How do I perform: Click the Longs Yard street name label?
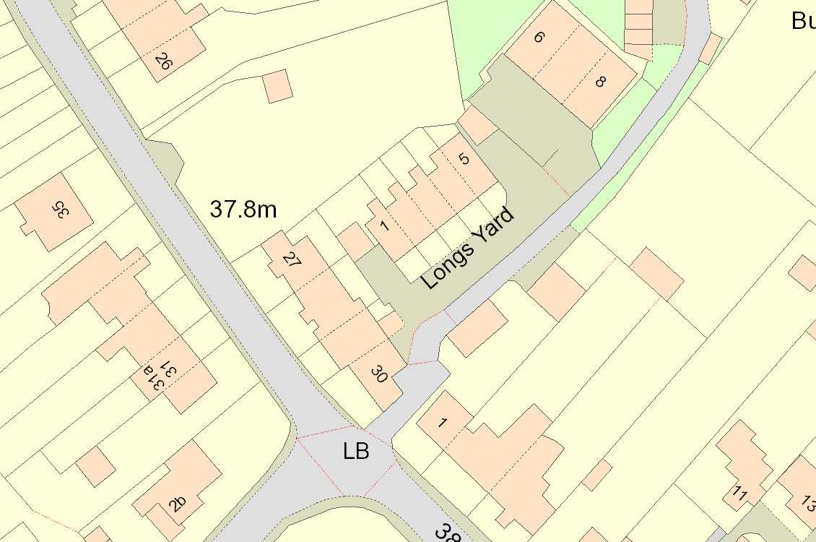click(469, 248)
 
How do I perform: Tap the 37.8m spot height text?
click(243, 210)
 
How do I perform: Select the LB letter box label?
click(356, 452)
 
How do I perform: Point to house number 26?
click(163, 63)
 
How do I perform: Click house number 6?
click(539, 37)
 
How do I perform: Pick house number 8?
click(600, 82)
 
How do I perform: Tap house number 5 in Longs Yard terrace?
click(464, 158)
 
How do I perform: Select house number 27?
click(291, 261)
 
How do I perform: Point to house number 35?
click(60, 210)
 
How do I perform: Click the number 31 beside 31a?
click(168, 368)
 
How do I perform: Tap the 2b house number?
click(178, 503)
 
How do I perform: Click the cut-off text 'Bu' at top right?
click(803, 20)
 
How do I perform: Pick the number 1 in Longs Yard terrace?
click(384, 226)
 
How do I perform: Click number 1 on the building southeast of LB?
click(442, 423)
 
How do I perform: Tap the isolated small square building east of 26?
click(277, 86)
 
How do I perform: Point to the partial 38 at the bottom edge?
click(444, 533)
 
